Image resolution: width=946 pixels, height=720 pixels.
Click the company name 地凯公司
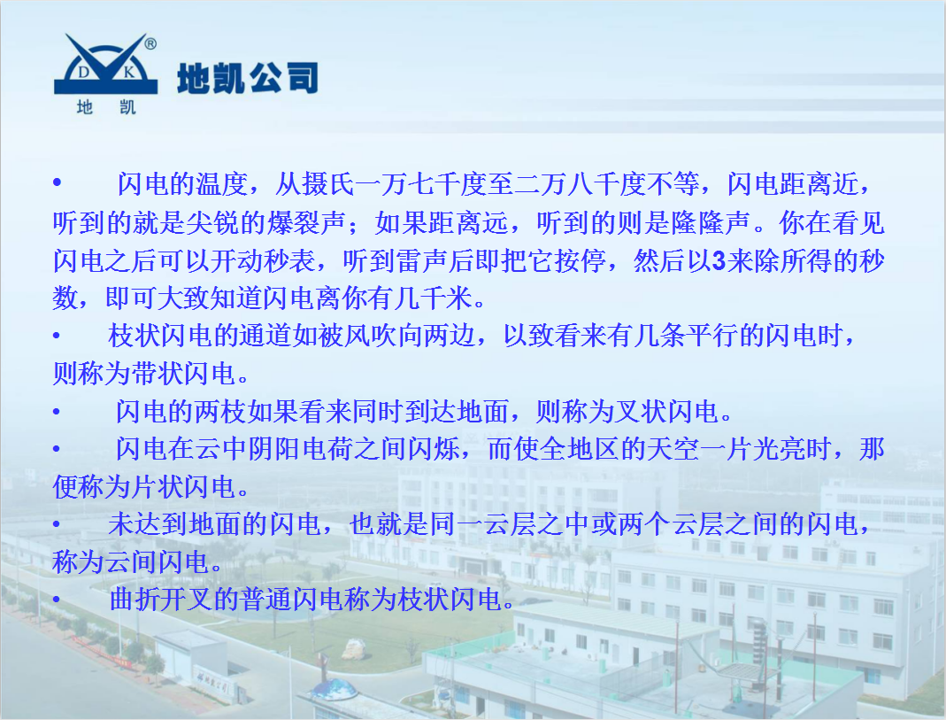click(x=247, y=79)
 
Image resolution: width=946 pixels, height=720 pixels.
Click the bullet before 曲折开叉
click(x=57, y=600)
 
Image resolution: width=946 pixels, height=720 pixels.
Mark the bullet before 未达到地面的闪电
click(x=57, y=525)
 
